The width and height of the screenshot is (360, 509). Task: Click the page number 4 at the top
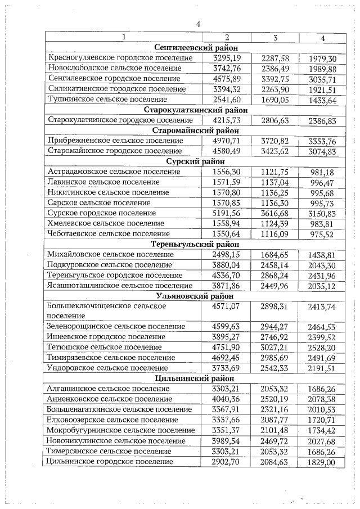point(197,24)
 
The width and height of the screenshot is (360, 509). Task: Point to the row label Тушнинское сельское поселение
point(107,100)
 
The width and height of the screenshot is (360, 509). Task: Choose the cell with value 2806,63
point(275,120)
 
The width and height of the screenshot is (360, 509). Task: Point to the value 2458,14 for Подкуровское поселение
point(275,265)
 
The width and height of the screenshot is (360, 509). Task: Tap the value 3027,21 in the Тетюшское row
point(275,347)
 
